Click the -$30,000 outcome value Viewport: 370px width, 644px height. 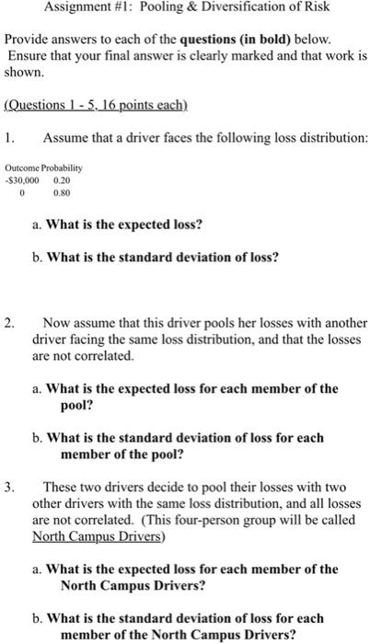click(21, 182)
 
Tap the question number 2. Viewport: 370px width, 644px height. click(8, 324)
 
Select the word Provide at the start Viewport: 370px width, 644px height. click(28, 41)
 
